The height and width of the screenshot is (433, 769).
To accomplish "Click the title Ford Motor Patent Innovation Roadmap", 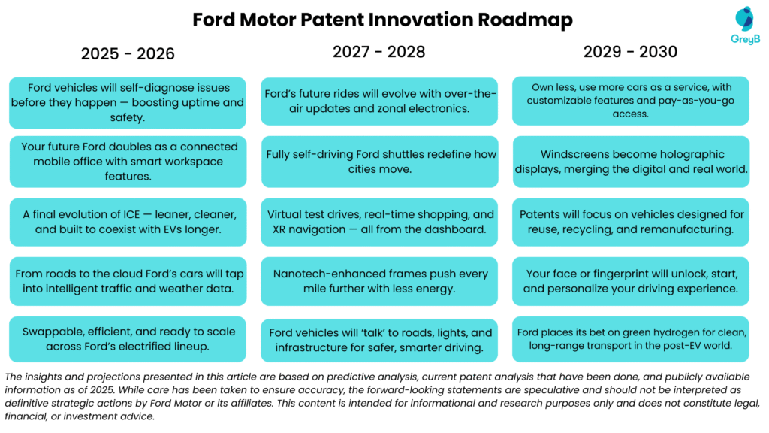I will click(x=382, y=19).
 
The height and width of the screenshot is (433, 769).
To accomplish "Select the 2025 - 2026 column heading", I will click(x=128, y=53).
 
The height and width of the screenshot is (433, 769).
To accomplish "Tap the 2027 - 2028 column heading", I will click(x=379, y=52).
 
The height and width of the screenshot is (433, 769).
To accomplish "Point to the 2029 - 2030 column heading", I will click(x=630, y=52).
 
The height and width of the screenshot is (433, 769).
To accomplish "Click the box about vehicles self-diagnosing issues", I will click(x=128, y=102).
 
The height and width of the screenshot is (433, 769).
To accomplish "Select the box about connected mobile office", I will click(x=128, y=161).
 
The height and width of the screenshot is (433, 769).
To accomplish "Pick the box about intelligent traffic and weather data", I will click(x=128, y=281).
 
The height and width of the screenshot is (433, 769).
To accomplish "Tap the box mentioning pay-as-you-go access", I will click(x=630, y=101).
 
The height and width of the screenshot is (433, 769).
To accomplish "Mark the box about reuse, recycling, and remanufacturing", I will click(x=630, y=222).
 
